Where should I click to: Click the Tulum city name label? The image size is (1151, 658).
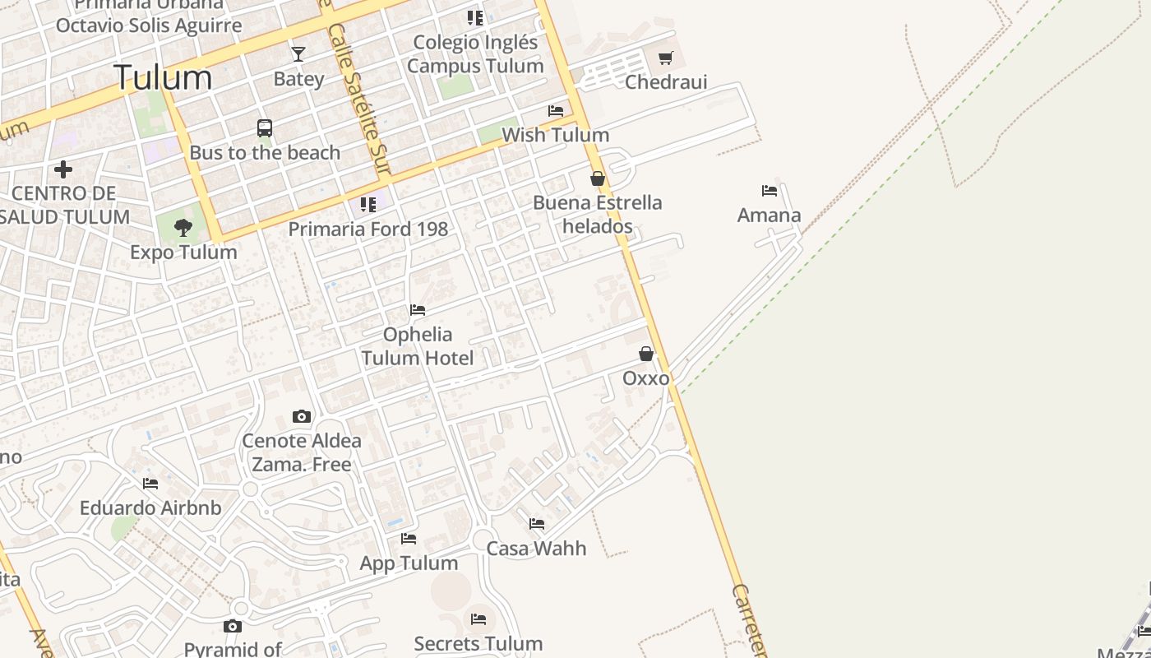point(163,77)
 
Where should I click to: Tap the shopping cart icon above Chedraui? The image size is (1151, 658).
point(666,58)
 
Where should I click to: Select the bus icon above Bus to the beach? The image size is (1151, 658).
point(265,128)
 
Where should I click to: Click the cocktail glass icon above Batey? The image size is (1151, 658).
point(298,54)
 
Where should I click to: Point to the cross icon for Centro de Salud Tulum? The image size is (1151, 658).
point(63,169)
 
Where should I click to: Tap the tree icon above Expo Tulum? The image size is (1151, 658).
point(183,227)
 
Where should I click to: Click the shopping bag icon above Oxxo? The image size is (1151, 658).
point(646,354)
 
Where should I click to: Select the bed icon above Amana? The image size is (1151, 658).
point(770,191)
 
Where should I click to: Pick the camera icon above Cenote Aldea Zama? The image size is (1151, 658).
point(302,416)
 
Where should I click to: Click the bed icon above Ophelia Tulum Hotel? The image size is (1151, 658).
point(418,310)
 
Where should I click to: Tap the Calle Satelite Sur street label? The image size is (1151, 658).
point(358,99)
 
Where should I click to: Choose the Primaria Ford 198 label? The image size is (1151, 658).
point(367,229)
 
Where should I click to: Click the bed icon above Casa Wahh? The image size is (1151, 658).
point(537,523)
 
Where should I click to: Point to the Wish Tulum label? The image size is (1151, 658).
point(555,135)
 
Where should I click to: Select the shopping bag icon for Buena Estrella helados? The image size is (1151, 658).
point(598,178)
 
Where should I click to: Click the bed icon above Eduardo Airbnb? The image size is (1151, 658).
point(150,484)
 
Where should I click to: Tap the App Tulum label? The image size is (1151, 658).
point(409,563)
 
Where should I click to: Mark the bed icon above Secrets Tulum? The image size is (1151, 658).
point(478,619)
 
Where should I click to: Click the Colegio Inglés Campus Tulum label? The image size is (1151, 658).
point(475,54)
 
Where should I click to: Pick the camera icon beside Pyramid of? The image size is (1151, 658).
point(233,627)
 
